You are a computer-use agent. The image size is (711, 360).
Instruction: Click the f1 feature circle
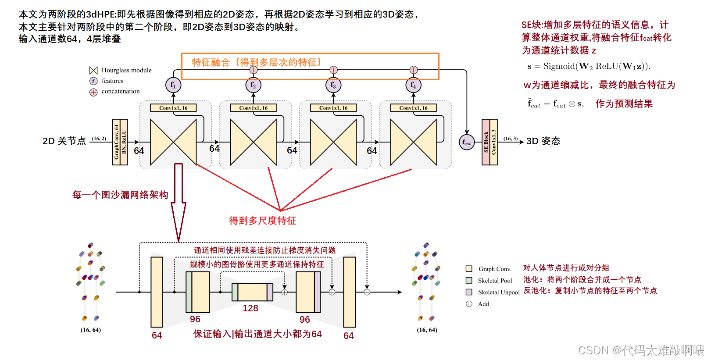pyautogui.click(x=173, y=85)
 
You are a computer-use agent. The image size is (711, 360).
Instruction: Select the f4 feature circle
pyautogui.click(x=413, y=85)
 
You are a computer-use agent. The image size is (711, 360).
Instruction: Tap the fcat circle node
pyautogui.click(x=467, y=143)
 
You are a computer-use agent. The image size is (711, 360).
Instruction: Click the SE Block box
pyautogui.click(x=486, y=142)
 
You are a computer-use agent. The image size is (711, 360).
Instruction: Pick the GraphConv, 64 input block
pyautogui.click(x=116, y=142)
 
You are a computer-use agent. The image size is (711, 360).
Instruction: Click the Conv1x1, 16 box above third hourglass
pyautogui.click(x=333, y=108)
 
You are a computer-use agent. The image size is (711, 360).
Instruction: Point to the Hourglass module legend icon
pyautogui.click(x=93, y=71)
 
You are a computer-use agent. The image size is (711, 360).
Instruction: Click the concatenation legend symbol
pyautogui.click(x=93, y=92)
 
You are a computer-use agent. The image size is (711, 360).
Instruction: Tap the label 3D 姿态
pyautogui.click(x=543, y=141)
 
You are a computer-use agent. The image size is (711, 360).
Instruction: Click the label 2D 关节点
pyautogui.click(x=64, y=141)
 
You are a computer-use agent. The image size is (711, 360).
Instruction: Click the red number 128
pyautogui.click(x=250, y=308)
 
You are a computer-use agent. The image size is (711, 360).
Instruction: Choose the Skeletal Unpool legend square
pyautogui.click(x=469, y=292)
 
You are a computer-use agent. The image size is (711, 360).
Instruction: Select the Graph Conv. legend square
pyautogui.click(x=469, y=269)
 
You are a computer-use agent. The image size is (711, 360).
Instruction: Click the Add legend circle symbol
pyautogui.click(x=469, y=304)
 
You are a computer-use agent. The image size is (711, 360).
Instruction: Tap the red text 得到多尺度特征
pyautogui.click(x=262, y=221)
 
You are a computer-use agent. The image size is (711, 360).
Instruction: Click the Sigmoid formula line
pyautogui.click(x=589, y=67)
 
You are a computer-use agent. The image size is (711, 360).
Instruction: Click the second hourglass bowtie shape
pyautogui.click(x=253, y=142)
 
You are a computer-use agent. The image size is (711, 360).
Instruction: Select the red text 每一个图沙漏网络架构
pyautogui.click(x=120, y=195)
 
